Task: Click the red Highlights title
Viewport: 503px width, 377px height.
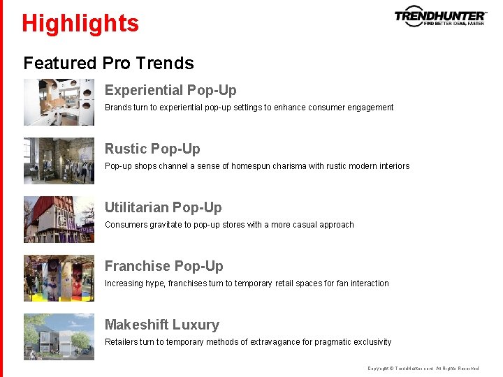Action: coord(80,23)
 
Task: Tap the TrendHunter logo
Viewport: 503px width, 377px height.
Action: coord(440,16)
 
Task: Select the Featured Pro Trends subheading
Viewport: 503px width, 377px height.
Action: coord(108,63)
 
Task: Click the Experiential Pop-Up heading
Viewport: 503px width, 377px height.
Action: coord(170,90)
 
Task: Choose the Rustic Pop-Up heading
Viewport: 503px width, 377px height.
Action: coord(152,149)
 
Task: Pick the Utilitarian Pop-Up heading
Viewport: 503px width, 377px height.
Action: coord(163,207)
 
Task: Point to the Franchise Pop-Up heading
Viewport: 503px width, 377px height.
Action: coord(163,266)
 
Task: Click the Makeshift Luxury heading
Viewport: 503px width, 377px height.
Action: coord(161,325)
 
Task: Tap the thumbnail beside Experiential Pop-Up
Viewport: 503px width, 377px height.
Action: coord(59,102)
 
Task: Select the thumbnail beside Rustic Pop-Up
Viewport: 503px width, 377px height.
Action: coord(59,161)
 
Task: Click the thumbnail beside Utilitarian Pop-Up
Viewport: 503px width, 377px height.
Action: coord(59,219)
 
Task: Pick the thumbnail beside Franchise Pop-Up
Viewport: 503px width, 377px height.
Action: coord(59,278)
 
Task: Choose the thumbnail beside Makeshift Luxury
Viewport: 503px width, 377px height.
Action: coord(59,337)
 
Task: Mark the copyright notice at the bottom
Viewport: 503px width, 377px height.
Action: coord(423,368)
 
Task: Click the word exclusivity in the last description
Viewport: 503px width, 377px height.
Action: coord(370,342)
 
